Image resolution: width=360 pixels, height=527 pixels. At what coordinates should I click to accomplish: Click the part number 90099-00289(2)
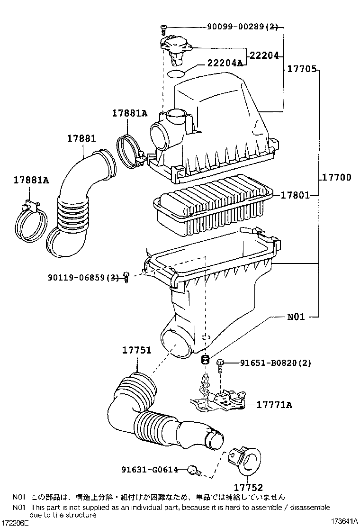pyautogui.click(x=242, y=27)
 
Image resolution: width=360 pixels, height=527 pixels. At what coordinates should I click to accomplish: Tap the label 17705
pyautogui.click(x=302, y=69)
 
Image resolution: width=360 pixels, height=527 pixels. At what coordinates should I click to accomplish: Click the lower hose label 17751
pyautogui.click(x=137, y=351)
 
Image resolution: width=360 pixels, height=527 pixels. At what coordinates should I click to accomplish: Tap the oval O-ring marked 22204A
pyautogui.click(x=176, y=73)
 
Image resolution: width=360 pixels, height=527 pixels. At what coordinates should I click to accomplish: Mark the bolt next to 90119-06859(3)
pyautogui.click(x=126, y=277)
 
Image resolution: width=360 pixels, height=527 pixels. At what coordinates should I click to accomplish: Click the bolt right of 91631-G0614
pyautogui.click(x=194, y=470)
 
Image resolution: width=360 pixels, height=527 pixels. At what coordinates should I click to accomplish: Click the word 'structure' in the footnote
pyautogui.click(x=82, y=514)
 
